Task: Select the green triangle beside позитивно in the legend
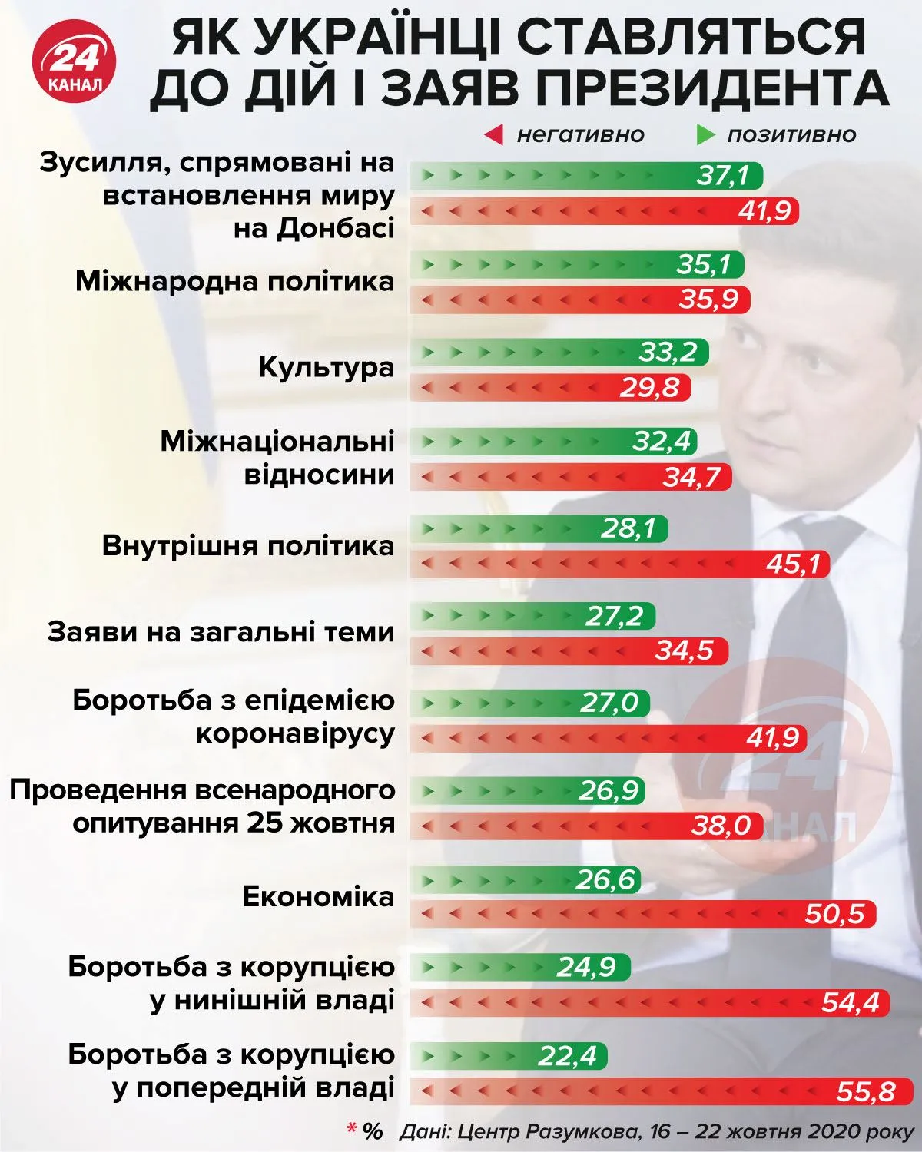(705, 135)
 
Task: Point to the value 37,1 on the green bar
(723, 176)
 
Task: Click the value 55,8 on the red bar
(865, 1091)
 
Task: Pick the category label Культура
(326, 367)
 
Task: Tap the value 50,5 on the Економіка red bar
(835, 914)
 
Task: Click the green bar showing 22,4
(507, 1056)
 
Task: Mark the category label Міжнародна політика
(234, 281)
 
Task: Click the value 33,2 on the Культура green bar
(667, 353)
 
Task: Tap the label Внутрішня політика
(247, 546)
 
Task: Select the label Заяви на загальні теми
(221, 632)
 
